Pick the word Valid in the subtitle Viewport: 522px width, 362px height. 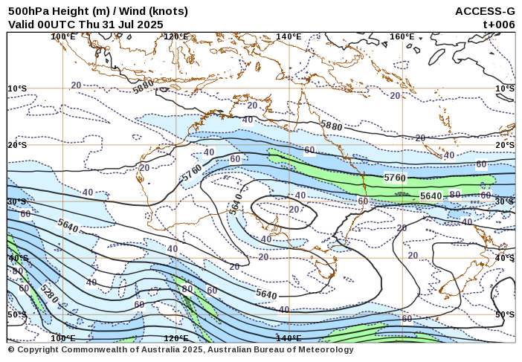point(22,24)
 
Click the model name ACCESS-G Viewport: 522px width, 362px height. point(485,11)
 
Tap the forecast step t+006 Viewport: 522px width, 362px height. point(499,24)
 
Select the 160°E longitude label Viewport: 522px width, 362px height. point(402,36)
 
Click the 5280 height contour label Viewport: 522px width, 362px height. point(50,295)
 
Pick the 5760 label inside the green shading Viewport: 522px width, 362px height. point(395,178)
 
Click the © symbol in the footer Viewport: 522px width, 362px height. point(11,349)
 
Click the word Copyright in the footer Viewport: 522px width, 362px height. point(39,349)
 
